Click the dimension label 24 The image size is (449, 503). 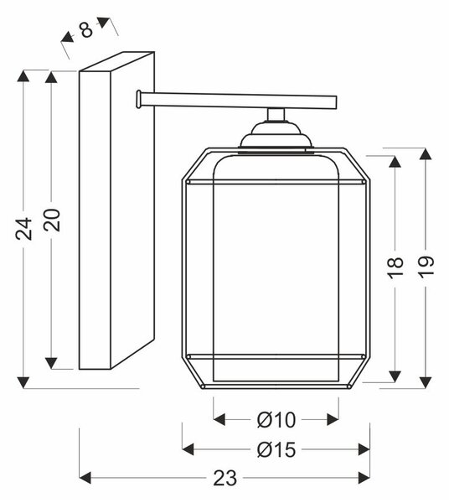point(24,228)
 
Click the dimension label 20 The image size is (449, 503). point(52,220)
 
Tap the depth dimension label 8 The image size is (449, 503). point(86,30)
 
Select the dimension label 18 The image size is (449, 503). point(395,267)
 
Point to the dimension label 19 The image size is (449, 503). point(426,265)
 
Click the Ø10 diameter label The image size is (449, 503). point(276,420)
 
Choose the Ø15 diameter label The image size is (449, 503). point(276,449)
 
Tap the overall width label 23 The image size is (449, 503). point(225,478)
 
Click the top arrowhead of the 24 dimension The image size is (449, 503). point(23,75)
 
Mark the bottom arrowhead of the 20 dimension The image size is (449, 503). point(51,363)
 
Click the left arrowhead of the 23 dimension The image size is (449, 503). point(85,478)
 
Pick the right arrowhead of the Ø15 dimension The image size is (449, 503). point(364,449)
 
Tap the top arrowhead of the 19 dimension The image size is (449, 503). point(426,154)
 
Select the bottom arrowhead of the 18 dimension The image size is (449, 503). point(395,376)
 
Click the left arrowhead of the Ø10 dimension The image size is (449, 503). point(219,419)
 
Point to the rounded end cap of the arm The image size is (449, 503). point(138,99)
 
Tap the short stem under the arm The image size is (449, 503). point(276,115)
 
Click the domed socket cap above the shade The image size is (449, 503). point(276,136)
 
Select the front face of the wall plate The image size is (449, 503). point(95,220)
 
